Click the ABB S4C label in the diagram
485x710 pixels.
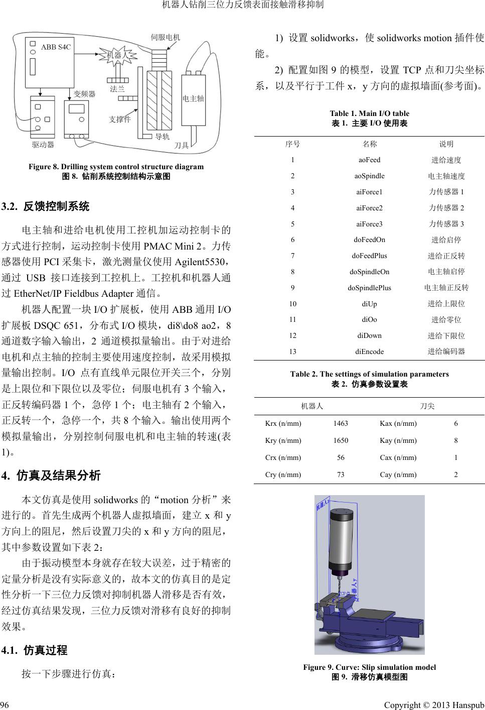[x=56, y=47]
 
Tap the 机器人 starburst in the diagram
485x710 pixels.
[x=117, y=55]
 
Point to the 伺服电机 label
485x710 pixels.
[x=166, y=37]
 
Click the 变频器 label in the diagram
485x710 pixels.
[x=84, y=93]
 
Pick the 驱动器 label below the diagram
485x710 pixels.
[x=43, y=145]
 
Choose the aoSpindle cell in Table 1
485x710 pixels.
[x=369, y=176]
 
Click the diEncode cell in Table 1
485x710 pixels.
[x=369, y=351]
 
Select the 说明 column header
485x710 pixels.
[x=446, y=144]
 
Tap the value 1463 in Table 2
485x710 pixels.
[x=341, y=423]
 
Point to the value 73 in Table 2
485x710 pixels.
[x=341, y=475]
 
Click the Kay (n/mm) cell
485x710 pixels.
[x=398, y=440]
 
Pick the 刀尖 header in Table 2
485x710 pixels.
[x=427, y=406]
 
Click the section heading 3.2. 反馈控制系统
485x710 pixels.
[x=46, y=206]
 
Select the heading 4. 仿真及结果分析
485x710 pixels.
[x=51, y=475]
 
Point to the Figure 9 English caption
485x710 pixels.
[x=369, y=667]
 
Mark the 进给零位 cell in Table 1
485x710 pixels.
[x=446, y=319]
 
